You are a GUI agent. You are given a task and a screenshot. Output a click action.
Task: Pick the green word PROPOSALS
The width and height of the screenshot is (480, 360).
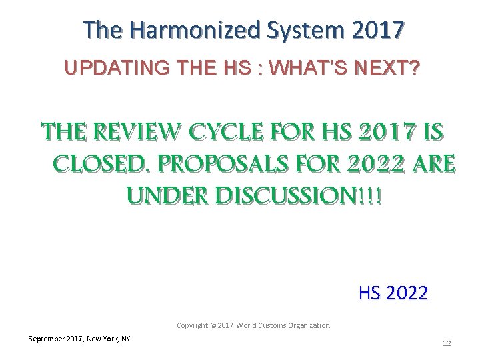[x=219, y=163]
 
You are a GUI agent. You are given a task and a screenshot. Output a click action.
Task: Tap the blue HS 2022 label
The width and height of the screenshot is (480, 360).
[x=393, y=293]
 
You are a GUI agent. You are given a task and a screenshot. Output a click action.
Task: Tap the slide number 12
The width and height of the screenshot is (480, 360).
[x=447, y=343]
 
